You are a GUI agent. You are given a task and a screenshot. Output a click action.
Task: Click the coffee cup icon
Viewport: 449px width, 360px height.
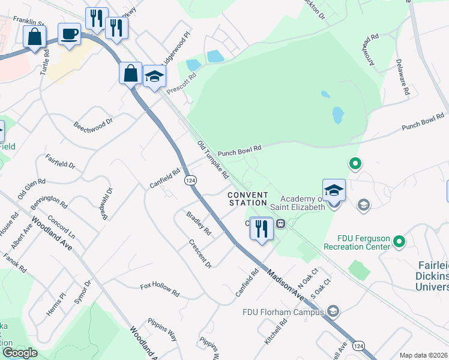click(70, 34)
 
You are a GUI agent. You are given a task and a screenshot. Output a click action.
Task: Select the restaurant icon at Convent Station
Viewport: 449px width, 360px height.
click(261, 229)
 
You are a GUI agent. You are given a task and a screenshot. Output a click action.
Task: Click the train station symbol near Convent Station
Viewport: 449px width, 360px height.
click(280, 224)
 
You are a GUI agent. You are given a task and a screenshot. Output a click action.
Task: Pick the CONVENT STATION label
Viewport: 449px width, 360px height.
click(247, 199)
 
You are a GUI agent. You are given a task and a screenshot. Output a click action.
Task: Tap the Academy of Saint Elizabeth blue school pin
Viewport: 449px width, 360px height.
click(334, 191)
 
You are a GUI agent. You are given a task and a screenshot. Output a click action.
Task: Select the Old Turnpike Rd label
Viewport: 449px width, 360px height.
click(214, 160)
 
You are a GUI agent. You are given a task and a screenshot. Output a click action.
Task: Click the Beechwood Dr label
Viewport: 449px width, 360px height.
click(93, 126)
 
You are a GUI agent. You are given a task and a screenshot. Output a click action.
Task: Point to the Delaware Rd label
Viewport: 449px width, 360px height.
click(403, 77)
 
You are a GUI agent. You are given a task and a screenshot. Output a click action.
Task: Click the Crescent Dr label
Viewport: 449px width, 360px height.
click(200, 254)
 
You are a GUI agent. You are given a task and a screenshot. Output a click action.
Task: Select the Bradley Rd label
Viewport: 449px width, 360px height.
click(199, 223)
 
